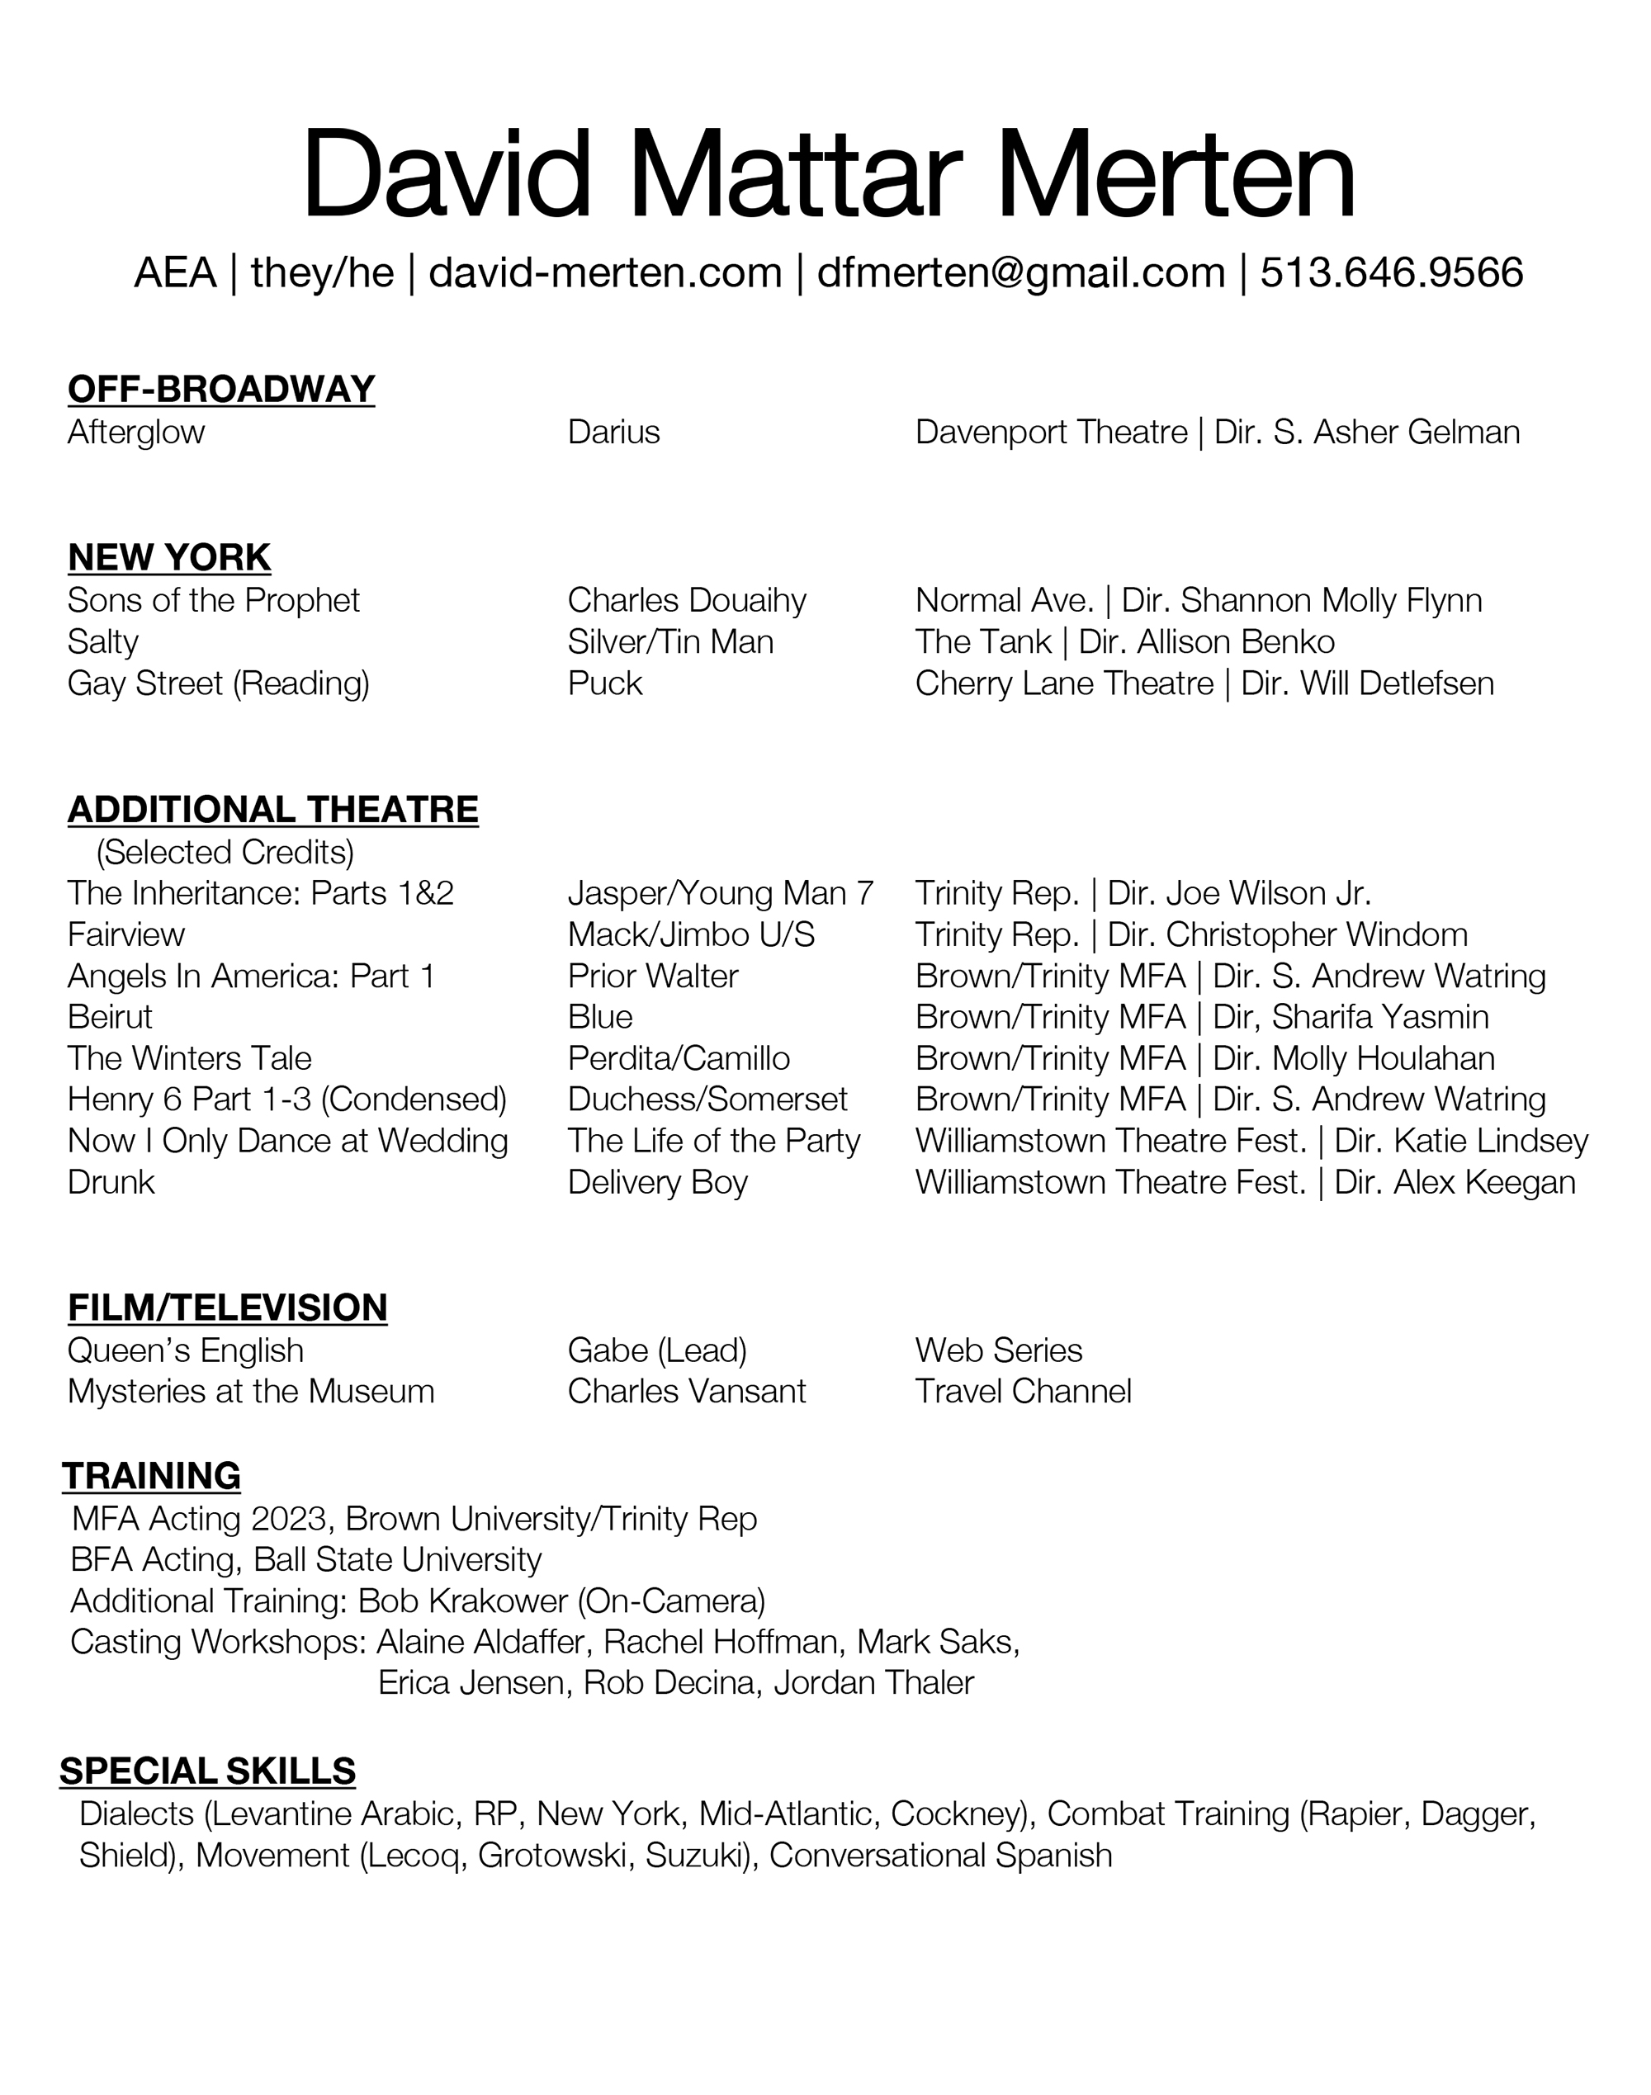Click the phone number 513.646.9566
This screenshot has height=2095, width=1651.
click(x=1391, y=273)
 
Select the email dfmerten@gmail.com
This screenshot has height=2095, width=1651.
click(x=1021, y=273)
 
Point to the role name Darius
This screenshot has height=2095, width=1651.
click(x=614, y=432)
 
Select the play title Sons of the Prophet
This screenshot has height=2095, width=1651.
click(x=213, y=600)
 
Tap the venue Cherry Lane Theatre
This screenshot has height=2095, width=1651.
click(x=1063, y=683)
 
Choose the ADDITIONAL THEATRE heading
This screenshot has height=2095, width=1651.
click(x=272, y=810)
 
